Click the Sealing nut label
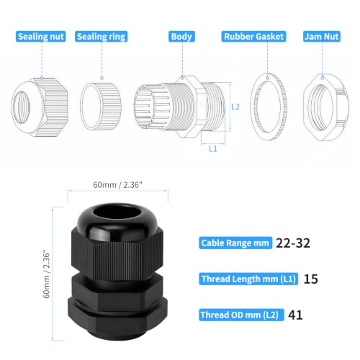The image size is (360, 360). (x=41, y=37)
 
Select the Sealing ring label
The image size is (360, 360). (x=101, y=37)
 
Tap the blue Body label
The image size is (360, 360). (x=181, y=37)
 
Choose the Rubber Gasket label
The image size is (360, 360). (x=253, y=37)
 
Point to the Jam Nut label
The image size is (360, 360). (x=322, y=37)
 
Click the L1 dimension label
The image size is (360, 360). (x=213, y=149)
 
